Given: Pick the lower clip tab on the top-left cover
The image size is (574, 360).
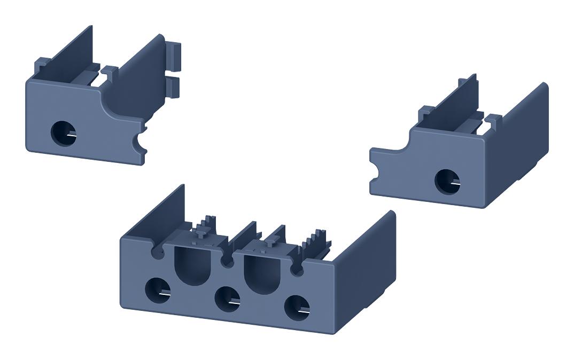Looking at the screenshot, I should (x=174, y=85).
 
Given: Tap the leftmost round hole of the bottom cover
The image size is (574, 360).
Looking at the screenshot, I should (x=157, y=290).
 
